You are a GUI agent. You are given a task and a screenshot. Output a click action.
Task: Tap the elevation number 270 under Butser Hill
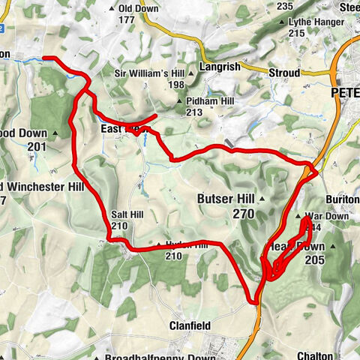pyautogui.click(x=244, y=214)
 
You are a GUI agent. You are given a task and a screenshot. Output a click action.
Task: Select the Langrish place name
pyautogui.click(x=221, y=67)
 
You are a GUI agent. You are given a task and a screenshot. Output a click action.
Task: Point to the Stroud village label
pyautogui.click(x=284, y=73)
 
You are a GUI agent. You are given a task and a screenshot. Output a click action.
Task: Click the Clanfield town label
pyautogui.click(x=189, y=325)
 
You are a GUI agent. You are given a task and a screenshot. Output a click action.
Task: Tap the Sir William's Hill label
pyautogui.click(x=149, y=73)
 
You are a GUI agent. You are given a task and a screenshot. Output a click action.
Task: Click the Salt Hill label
pyautogui.click(x=126, y=214)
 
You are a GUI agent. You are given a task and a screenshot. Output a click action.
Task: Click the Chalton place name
pyautogui.click(x=315, y=355)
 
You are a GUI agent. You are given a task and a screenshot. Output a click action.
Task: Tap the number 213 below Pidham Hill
pyautogui.click(x=195, y=112)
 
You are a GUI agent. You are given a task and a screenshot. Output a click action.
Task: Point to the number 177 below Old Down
pyautogui.click(x=136, y=20)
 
